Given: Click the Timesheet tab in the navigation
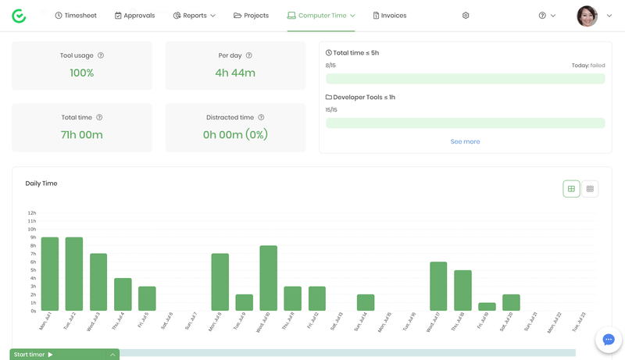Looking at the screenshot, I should pos(76,16).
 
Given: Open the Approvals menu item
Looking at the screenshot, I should pos(134,16).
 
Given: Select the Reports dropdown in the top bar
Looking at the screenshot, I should pos(194,16).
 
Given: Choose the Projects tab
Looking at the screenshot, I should pos(251,16).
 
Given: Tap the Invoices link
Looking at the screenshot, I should pos(389,16).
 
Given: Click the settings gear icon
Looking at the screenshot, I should pos(466,16).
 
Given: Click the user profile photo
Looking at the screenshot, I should pos(587,16).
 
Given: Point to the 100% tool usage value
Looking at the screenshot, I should pos(82,73).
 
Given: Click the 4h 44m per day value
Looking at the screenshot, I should pos(235,73).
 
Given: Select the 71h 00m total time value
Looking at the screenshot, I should pos(82,134).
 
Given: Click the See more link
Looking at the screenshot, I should pos(465,141).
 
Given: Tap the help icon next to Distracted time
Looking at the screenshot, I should pos(261,118).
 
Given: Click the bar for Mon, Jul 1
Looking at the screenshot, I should pos(50,274).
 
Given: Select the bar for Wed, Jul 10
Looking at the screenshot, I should pos(269,278).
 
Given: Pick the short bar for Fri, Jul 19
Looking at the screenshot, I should pos(487,307).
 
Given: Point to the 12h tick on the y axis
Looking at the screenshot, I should pos(31,212).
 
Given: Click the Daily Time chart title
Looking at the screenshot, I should pos(41,184).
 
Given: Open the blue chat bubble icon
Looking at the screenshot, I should pos(609,340).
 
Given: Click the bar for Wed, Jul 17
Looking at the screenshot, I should pos(438,287).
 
